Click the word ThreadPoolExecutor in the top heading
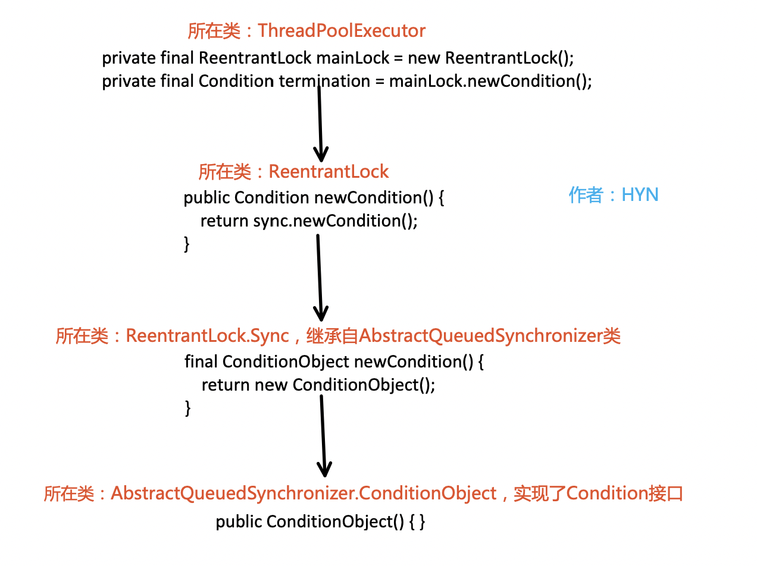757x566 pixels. (342, 31)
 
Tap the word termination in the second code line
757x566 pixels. (324, 81)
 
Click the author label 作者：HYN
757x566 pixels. (614, 194)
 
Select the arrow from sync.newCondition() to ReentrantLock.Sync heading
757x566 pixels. (320, 276)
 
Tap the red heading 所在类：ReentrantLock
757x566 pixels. (293, 172)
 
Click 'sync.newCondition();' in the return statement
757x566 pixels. (336, 221)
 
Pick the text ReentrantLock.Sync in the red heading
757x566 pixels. (207, 336)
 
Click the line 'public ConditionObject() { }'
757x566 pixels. (320, 522)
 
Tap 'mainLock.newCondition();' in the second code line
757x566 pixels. (490, 81)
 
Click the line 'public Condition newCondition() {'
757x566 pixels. (314, 198)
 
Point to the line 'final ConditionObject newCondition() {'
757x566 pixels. (334, 361)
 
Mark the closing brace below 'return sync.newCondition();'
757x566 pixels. (187, 243)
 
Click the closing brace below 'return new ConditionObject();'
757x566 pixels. (188, 407)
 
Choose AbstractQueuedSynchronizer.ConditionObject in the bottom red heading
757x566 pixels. (304, 493)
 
